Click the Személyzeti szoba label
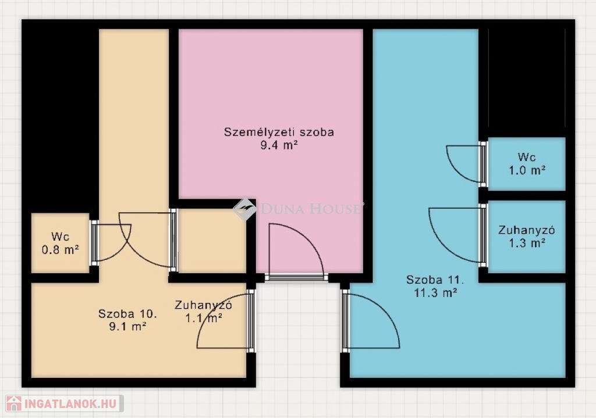(x=279, y=133)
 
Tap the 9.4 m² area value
(x=279, y=145)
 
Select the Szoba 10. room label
(x=127, y=314)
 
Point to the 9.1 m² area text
(x=127, y=327)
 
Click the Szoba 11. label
(x=435, y=280)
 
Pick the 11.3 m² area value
(x=435, y=292)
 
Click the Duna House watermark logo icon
(x=244, y=209)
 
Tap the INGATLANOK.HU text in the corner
(x=70, y=403)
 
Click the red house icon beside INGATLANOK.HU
(x=14, y=403)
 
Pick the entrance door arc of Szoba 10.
(x=211, y=311)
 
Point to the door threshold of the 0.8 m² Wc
(x=94, y=243)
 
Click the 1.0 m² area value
(x=527, y=170)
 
